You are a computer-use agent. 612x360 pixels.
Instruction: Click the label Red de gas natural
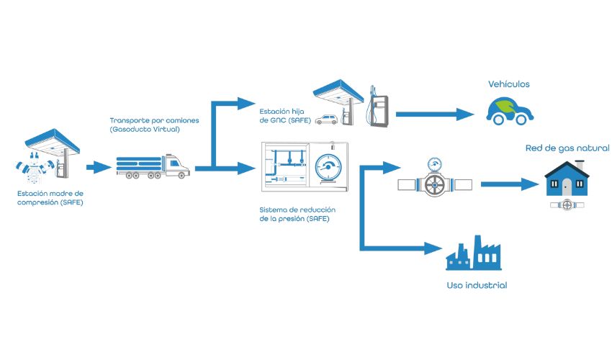[568, 148]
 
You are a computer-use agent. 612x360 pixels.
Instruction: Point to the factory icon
[472, 253]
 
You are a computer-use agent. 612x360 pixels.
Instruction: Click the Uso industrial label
[477, 286]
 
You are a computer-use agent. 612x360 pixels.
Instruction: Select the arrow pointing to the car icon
[435, 113]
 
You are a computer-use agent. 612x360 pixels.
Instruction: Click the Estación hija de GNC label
[286, 116]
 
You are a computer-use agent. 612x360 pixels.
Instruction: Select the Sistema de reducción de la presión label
[294, 214]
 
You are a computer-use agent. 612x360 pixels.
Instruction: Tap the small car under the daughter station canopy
[328, 120]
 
